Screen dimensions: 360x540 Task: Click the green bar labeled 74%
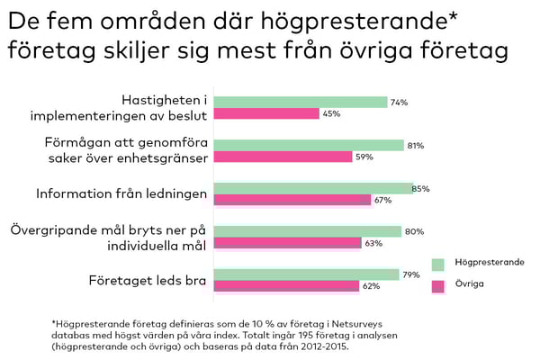coord(301,103)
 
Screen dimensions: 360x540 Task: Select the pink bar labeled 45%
coord(268,113)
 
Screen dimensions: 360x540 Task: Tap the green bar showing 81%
coord(310,145)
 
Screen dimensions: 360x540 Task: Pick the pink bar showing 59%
coord(284,157)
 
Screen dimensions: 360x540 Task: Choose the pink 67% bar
coord(293,200)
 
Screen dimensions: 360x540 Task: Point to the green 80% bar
coord(309,231)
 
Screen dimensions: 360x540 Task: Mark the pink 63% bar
coord(289,243)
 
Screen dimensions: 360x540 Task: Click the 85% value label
coord(421,188)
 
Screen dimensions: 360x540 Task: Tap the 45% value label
coord(332,113)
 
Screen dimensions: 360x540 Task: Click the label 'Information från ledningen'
coord(121,193)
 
